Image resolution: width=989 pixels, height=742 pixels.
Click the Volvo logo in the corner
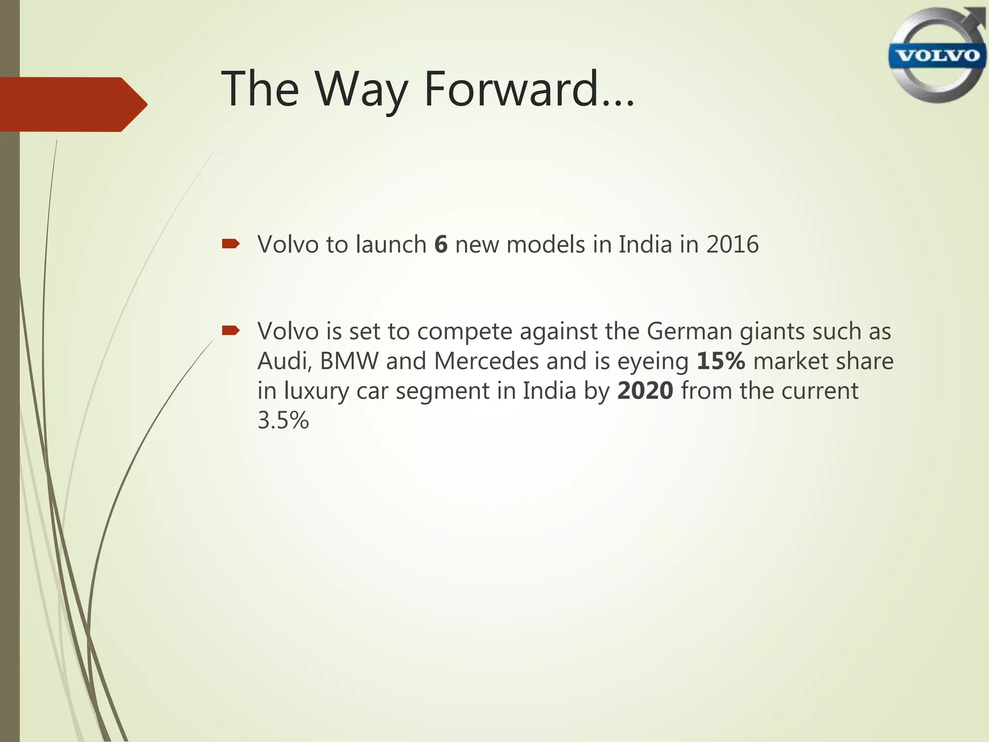[937, 55]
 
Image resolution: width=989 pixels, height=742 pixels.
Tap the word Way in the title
[362, 89]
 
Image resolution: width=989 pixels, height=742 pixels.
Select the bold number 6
[440, 244]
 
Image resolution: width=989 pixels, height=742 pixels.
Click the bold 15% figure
[721, 361]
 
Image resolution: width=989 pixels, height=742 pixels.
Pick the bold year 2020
[645, 391]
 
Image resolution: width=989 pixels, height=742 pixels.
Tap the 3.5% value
[283, 420]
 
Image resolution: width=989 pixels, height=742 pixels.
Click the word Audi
[283, 361]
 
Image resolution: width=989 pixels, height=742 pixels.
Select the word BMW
[349, 361]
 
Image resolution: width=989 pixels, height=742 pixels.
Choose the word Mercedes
[486, 361]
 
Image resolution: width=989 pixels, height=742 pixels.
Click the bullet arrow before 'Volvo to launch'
[230, 244]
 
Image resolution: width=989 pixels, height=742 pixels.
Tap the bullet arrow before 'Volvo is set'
[230, 331]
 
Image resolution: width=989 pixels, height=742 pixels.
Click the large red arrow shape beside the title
[72, 104]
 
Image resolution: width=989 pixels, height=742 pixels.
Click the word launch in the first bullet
[391, 244]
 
